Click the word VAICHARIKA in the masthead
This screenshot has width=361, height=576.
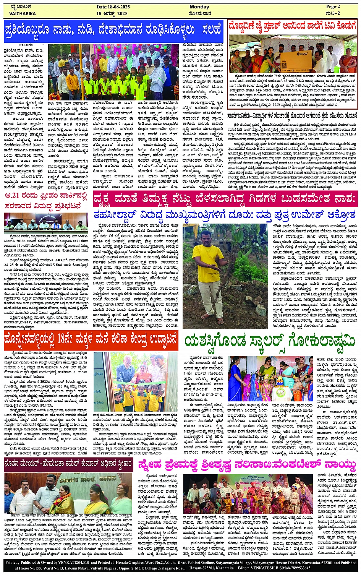coord(23,13)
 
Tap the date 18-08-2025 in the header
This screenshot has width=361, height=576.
coord(113,7)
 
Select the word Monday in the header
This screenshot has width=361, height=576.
coord(199,7)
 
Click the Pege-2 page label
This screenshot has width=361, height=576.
coord(333,7)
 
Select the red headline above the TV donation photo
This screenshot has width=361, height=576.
coord(292,26)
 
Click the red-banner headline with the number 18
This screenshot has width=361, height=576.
coord(91,339)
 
